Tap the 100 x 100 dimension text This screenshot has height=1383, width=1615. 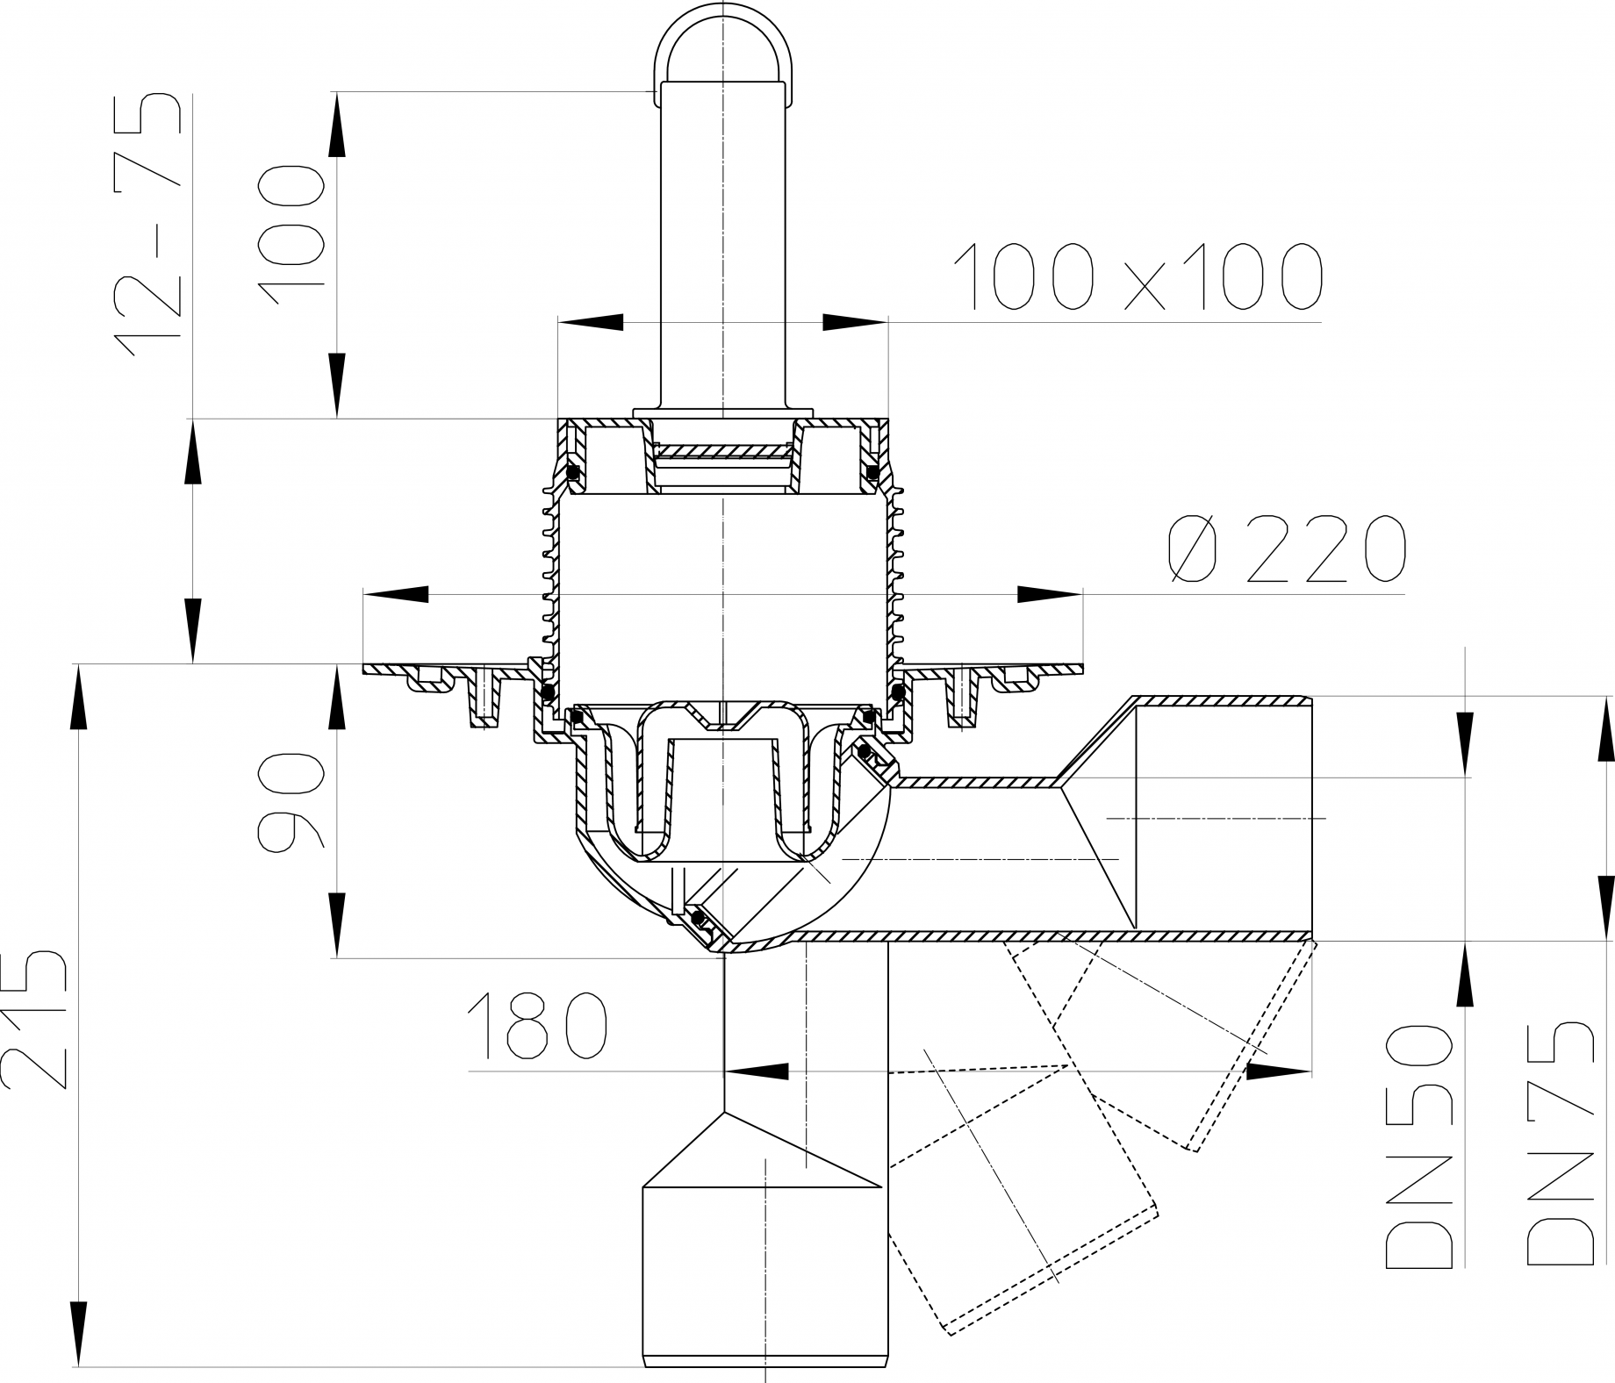pyautogui.click(x=1138, y=277)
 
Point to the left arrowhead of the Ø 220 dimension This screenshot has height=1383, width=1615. pyautogui.click(x=395, y=594)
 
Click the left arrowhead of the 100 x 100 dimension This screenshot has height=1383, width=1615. pyautogui.click(x=591, y=322)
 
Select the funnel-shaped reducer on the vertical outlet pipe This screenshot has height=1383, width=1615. pyautogui.click(x=762, y=1151)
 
